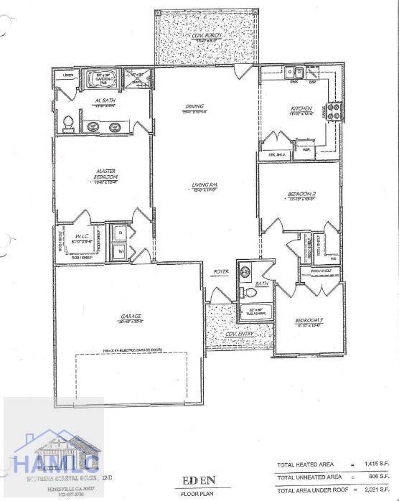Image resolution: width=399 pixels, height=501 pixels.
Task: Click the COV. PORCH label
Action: (207, 36)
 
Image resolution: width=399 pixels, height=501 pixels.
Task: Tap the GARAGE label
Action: (131, 316)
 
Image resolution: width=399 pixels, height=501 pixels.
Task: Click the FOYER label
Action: (220, 272)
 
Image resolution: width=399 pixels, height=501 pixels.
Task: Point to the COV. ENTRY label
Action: (239, 334)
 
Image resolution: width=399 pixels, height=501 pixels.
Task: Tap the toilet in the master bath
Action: (69, 123)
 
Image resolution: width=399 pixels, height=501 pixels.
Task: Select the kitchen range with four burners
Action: (334, 111)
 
